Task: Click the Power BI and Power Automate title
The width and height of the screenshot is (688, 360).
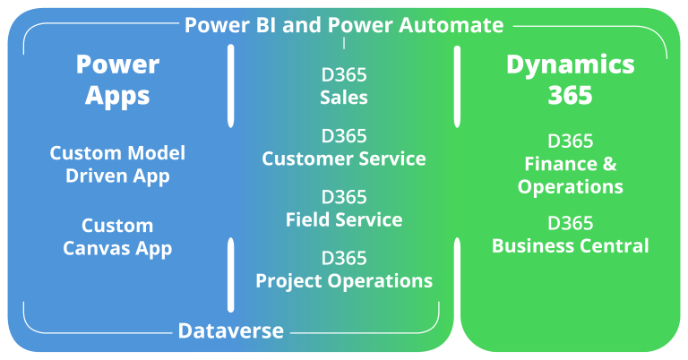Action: coord(344,25)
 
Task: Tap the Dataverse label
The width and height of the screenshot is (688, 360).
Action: coord(231,330)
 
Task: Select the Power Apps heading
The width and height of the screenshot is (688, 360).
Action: coord(117,79)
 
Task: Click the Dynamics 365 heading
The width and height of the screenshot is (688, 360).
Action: coord(571,79)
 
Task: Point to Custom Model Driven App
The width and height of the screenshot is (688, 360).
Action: coord(117,164)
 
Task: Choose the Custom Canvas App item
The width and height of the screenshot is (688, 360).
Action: coord(117,236)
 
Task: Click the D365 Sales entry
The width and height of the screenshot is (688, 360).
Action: coord(344,85)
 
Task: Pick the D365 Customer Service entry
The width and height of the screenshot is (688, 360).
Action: coord(344,147)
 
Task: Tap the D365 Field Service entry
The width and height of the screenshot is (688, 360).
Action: coord(344,208)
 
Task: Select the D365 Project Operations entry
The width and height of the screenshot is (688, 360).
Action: coord(344,269)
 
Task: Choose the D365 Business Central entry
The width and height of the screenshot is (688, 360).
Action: coord(571,234)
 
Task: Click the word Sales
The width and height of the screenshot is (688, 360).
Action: coord(344,97)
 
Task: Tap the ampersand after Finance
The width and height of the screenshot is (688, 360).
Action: coord(611,164)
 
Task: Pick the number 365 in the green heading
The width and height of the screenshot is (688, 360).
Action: coord(571,95)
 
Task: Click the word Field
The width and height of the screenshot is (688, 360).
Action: coord(307,219)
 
